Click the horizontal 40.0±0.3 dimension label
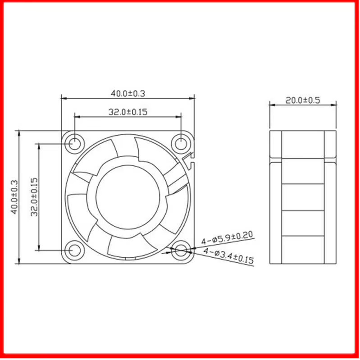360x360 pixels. point(128,93)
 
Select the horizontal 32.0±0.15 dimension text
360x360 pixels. point(128,112)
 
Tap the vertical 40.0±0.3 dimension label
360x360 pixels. point(14,197)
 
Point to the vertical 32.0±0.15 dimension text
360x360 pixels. point(34,197)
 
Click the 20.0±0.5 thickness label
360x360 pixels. point(303,100)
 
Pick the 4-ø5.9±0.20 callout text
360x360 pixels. point(227,237)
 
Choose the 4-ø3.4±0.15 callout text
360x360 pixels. point(229,255)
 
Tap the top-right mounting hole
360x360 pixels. point(181,144)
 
